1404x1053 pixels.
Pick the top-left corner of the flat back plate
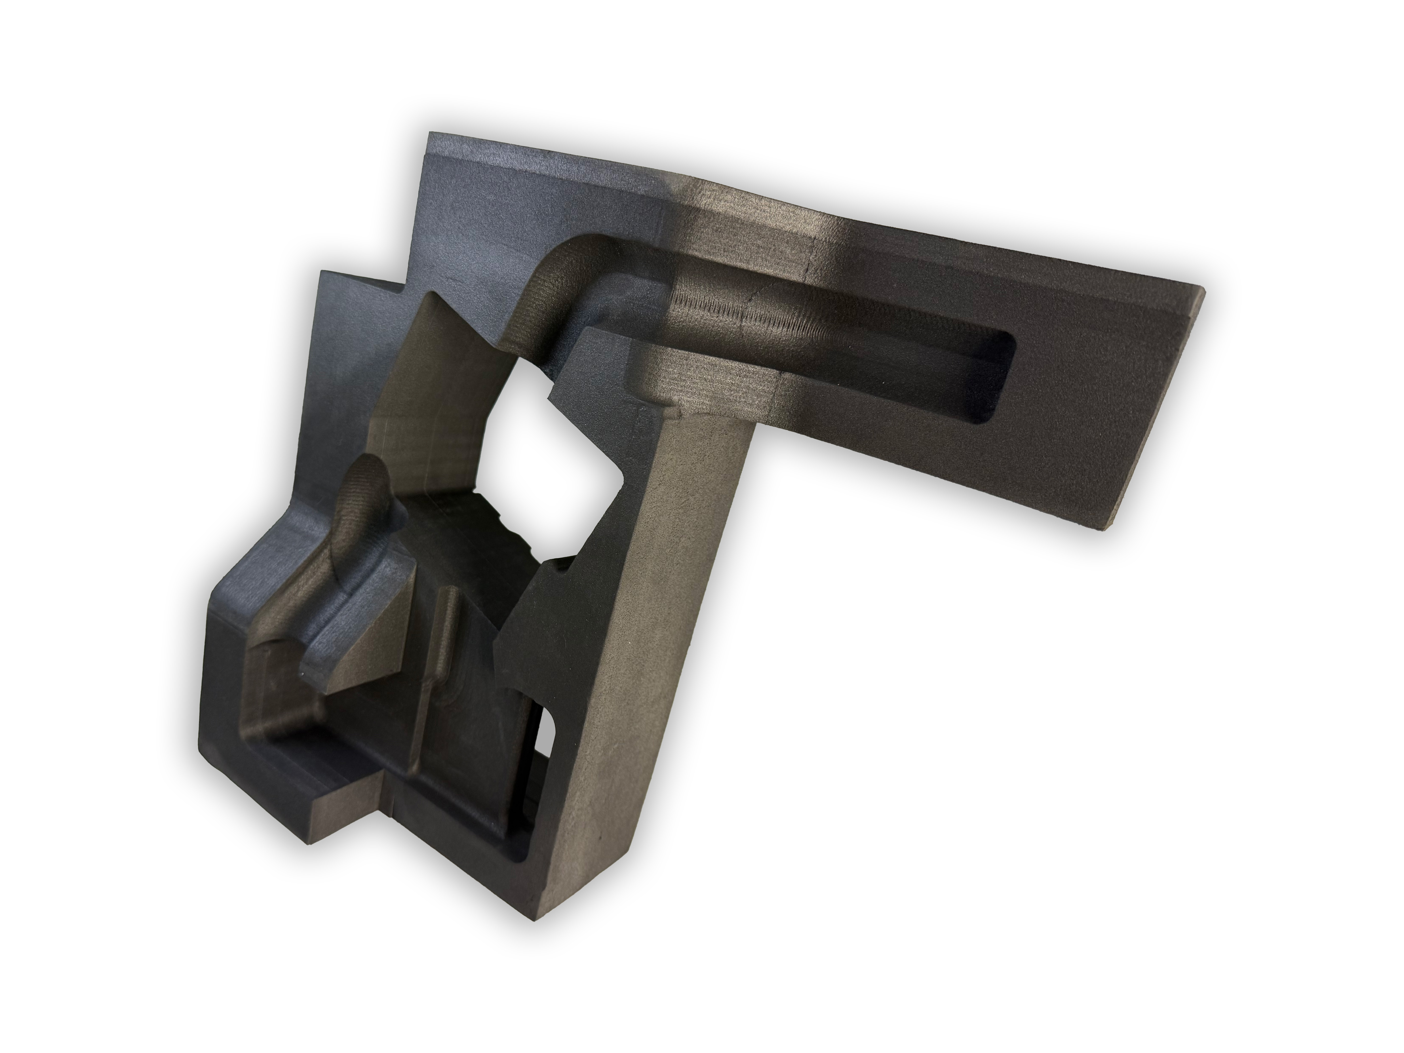click(432, 134)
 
